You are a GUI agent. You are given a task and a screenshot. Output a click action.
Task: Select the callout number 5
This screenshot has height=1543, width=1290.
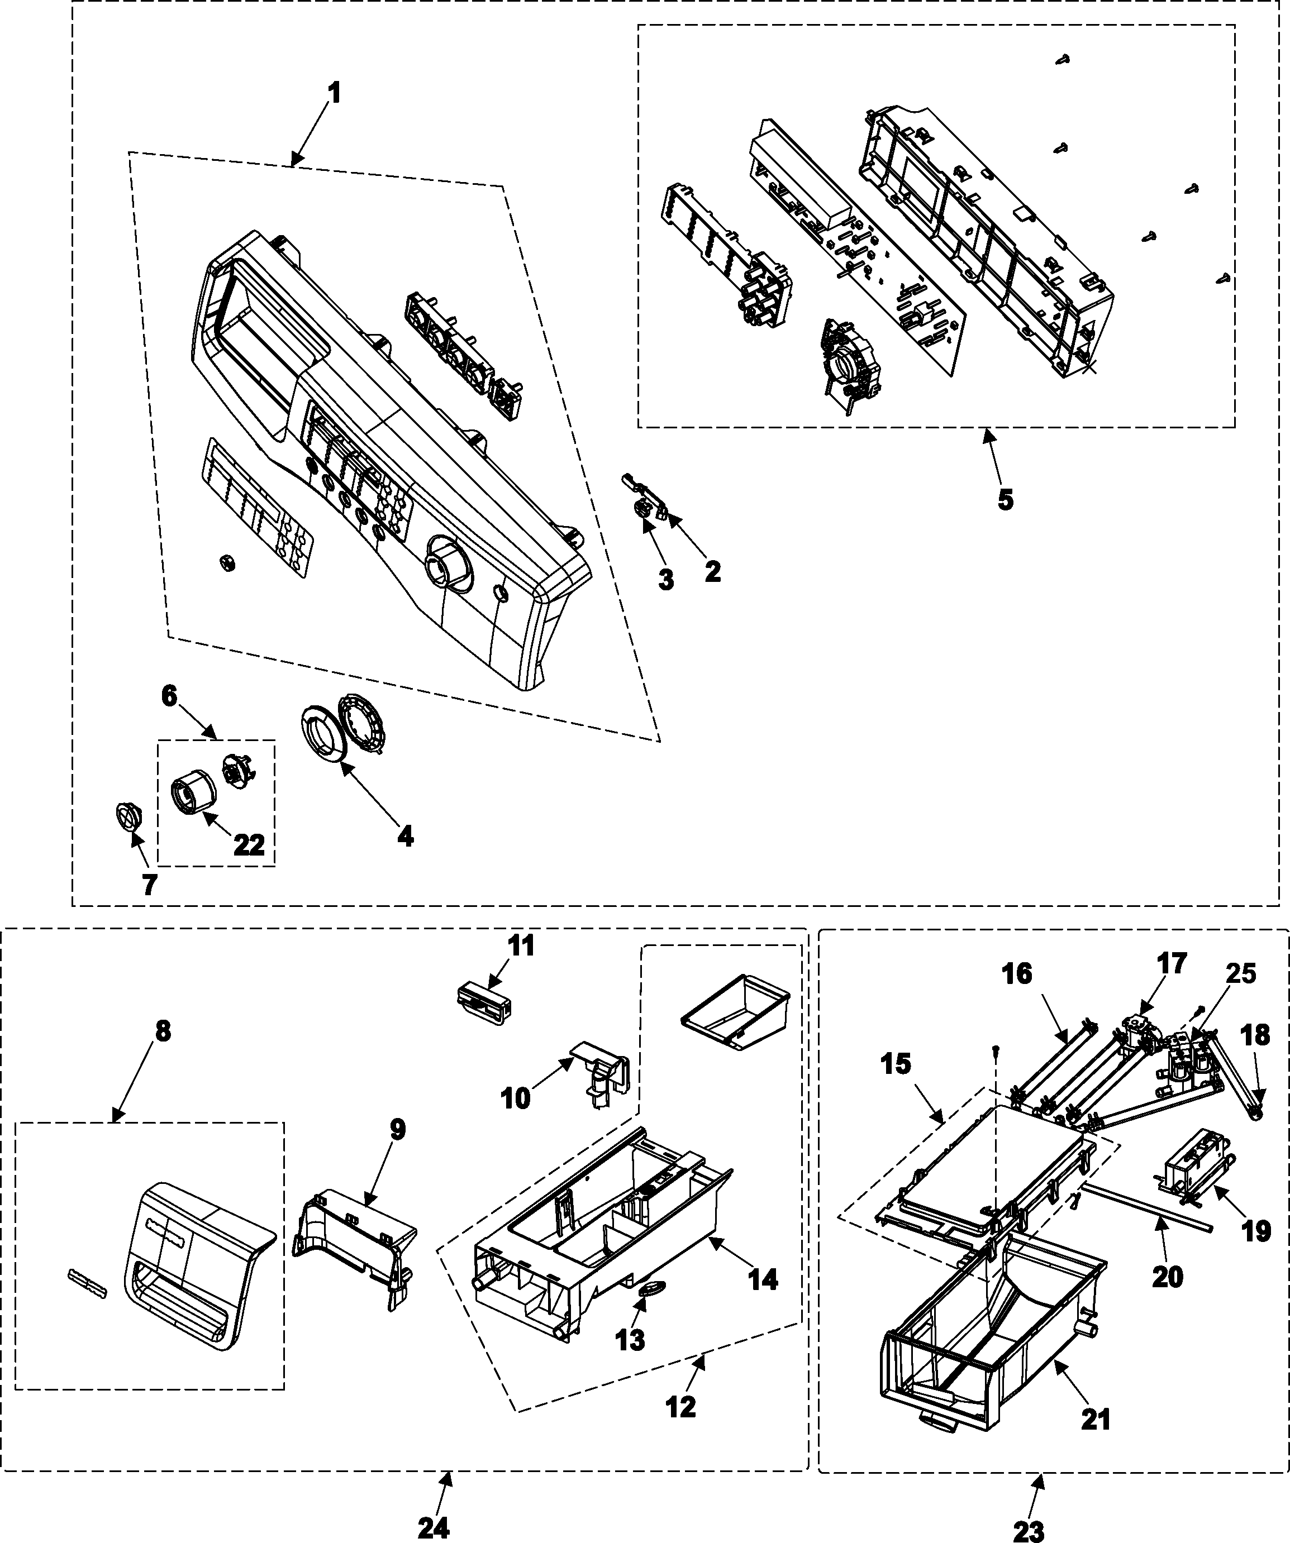[x=1005, y=500]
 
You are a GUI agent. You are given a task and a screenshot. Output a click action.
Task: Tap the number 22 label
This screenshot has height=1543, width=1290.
[x=249, y=845]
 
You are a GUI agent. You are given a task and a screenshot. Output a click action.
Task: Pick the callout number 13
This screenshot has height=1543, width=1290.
[x=631, y=1340]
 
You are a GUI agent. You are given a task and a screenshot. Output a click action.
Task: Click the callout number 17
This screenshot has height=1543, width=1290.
[x=1172, y=963]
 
